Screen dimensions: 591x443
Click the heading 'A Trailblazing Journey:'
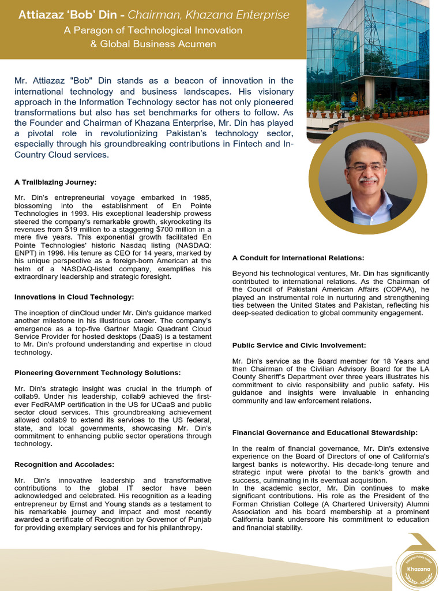pos(55,182)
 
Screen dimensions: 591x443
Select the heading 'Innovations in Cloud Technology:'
pos(74,297)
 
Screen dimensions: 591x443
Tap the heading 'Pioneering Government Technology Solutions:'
pos(97,373)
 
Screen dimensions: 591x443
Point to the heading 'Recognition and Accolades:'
pos(64,464)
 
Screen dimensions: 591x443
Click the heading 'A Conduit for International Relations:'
pos(298,258)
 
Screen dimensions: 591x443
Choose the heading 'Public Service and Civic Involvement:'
pos(299,345)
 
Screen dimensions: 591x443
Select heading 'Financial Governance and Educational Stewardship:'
pos(325,432)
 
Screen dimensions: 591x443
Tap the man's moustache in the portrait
pos(367,181)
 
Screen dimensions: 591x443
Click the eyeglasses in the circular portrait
pos(366,167)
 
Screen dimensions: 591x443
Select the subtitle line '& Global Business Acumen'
pos(153,44)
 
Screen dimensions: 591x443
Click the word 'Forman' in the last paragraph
pos(246,503)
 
